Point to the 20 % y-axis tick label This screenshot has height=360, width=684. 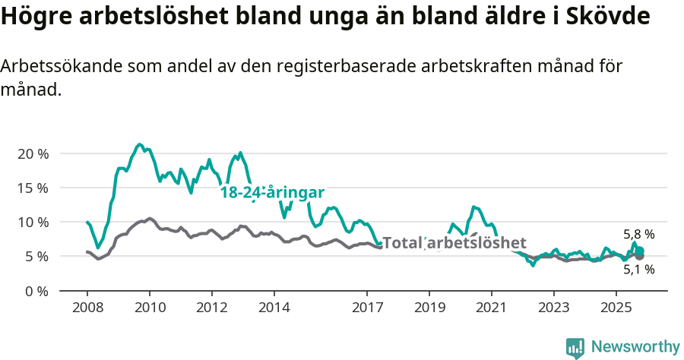point(33,153)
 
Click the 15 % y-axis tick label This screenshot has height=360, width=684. point(33,188)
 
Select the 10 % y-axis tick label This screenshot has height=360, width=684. point(33,222)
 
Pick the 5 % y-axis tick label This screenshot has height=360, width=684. point(36,256)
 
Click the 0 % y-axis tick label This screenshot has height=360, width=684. point(36,291)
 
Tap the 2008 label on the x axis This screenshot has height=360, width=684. point(87,309)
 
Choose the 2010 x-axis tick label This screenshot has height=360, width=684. point(150,309)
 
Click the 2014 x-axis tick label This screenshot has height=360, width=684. point(274,309)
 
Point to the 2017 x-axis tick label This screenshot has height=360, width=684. point(367,309)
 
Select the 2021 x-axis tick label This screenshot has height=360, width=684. point(491,309)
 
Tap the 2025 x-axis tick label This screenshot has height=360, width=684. point(616,309)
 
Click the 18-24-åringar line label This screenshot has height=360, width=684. point(272,193)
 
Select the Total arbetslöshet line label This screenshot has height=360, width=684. point(454,243)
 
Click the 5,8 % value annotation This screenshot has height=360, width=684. point(638,235)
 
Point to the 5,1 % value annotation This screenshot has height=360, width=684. point(638,268)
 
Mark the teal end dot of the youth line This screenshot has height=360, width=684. point(640,251)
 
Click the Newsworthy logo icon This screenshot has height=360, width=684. point(575,348)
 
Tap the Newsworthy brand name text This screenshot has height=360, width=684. point(635,347)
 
